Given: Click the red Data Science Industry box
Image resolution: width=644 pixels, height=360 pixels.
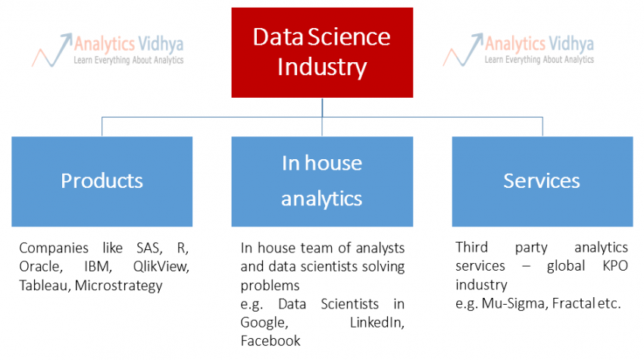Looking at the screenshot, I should coord(322,52).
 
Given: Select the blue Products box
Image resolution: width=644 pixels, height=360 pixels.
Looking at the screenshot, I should coord(102,181).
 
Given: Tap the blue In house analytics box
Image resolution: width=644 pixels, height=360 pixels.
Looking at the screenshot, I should coord(322,181).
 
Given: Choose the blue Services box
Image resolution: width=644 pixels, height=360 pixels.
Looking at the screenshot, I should coord(542,181).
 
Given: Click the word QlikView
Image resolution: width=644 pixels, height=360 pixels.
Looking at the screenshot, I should coord(161,267).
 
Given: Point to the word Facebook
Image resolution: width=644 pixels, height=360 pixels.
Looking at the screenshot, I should coord(270,341).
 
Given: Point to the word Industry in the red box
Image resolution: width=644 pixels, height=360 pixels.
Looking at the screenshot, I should coord(322,67).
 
